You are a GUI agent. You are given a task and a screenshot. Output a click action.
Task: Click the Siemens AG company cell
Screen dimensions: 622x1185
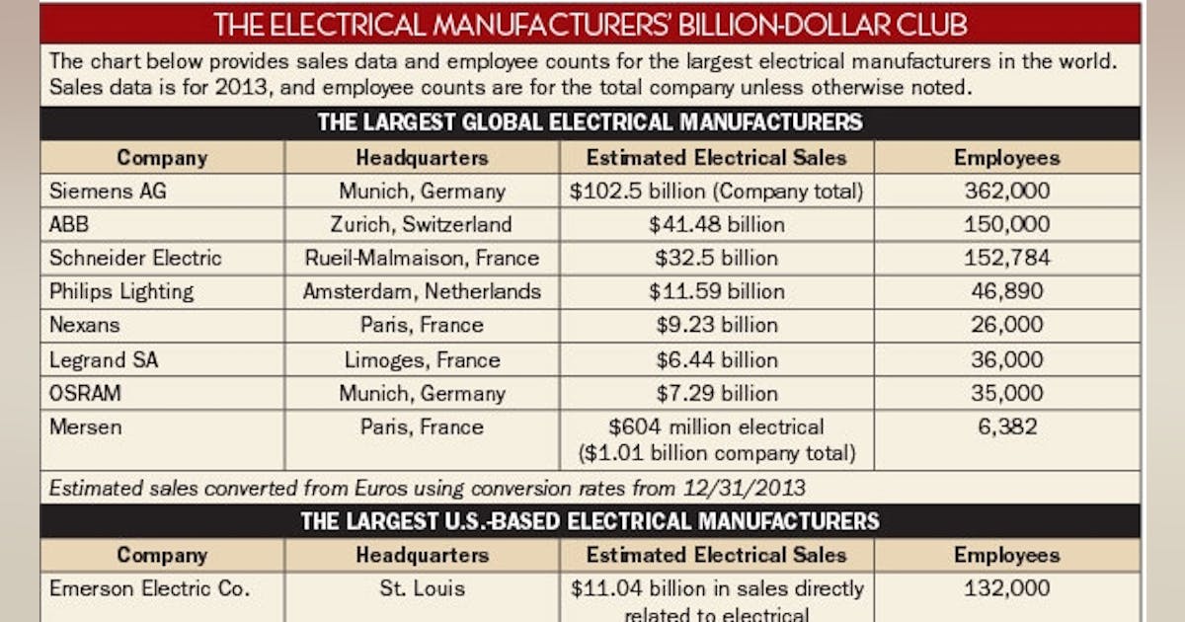109,191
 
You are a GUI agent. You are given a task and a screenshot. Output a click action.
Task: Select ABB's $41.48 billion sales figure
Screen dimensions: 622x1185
716,224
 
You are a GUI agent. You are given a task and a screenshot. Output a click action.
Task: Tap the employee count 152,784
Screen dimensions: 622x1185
1006,258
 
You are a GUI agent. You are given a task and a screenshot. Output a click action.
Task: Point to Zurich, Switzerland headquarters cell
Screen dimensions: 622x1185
422,224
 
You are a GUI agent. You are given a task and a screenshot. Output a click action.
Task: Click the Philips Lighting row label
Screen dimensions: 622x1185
121,291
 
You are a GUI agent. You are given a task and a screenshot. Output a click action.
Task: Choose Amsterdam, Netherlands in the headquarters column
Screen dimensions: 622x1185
422,291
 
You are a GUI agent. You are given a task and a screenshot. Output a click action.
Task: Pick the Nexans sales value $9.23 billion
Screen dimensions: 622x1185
716,325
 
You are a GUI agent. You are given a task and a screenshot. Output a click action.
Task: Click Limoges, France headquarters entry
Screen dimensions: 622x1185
422,359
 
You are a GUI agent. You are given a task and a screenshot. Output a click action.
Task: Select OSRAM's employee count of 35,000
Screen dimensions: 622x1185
1006,393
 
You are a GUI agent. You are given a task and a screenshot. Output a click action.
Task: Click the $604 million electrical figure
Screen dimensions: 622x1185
716,427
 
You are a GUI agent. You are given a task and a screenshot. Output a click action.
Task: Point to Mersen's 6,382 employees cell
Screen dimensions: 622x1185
1006,427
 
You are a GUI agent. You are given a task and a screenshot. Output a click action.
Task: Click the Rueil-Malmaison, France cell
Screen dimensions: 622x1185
422,258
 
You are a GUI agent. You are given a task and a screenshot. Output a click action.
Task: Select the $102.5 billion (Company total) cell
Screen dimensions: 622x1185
716,191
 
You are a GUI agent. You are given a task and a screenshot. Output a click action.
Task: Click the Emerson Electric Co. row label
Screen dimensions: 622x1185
149,588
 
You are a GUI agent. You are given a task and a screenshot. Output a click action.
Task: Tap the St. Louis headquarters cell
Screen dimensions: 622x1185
422,588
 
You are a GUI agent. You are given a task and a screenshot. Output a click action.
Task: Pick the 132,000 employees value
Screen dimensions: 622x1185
1006,588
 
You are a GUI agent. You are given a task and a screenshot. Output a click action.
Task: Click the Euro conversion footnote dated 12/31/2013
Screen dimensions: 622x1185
427,487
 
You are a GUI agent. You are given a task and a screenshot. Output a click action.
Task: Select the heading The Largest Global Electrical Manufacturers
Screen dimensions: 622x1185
590,122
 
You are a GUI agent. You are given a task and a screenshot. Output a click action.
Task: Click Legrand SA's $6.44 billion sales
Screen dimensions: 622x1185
716,359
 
